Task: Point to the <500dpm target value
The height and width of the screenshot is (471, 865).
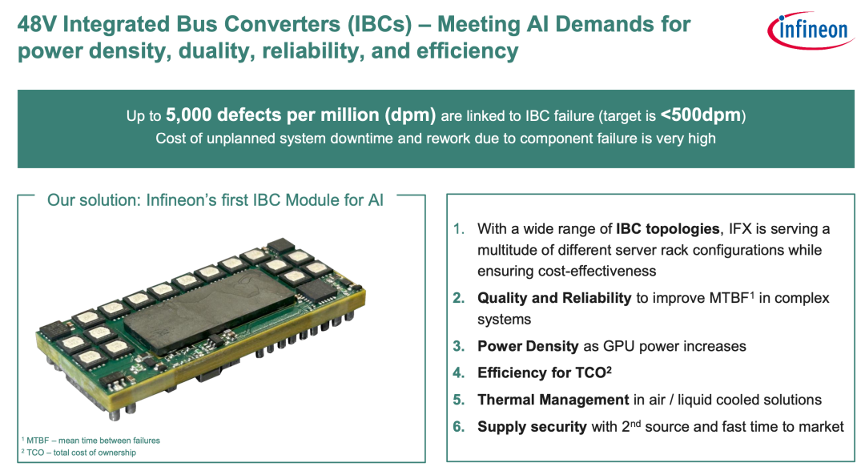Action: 701,115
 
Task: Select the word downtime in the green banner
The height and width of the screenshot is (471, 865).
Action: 360,138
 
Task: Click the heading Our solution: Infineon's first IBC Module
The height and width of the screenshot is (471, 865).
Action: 215,199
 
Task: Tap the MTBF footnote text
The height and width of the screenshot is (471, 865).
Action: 91,440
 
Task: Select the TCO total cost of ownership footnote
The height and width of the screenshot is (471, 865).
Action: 78,453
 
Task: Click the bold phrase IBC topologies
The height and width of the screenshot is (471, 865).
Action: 667,229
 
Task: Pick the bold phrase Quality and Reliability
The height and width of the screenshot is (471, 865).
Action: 554,298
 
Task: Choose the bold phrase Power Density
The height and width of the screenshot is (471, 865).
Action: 528,346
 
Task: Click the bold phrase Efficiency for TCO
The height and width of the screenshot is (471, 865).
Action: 545,372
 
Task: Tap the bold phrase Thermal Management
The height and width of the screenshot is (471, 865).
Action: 553,400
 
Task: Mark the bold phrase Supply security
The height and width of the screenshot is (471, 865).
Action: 533,427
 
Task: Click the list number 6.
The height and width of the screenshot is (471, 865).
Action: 458,427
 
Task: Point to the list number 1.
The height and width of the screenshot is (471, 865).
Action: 458,229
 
